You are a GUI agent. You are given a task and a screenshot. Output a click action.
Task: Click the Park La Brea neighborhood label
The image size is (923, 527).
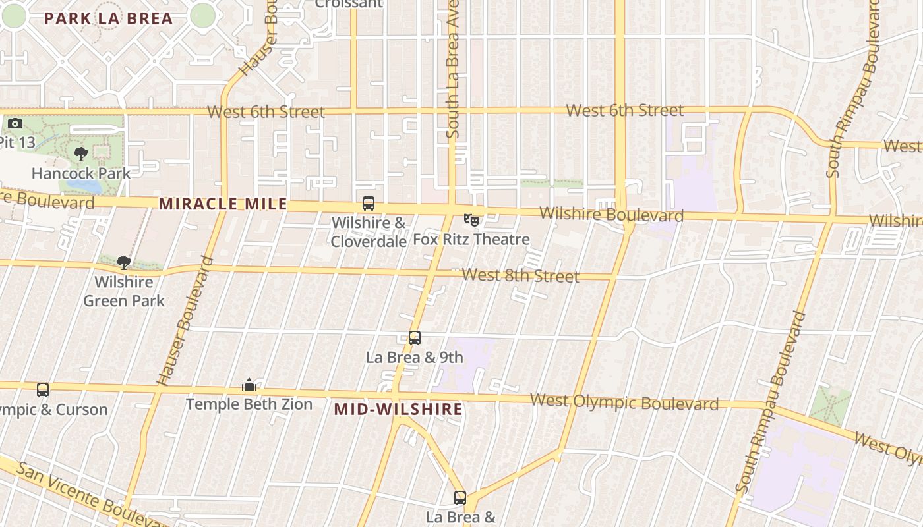tap(108, 18)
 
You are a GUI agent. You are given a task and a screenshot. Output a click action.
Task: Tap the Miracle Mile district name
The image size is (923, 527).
tap(223, 204)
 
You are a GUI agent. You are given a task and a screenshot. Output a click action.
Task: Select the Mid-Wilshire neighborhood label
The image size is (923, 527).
tap(398, 409)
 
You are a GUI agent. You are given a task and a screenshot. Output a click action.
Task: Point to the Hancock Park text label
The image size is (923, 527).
tap(81, 174)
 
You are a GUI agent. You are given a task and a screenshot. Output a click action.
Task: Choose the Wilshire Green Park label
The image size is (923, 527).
tap(124, 292)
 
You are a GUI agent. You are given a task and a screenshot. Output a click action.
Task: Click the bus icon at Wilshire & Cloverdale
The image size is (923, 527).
tap(369, 204)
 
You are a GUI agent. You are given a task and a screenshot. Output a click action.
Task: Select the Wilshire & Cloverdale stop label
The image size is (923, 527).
tap(369, 233)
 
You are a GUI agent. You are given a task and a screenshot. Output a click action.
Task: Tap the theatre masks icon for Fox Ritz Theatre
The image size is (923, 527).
tap(471, 219)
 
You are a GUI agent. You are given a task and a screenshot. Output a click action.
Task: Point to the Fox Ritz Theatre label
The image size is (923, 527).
tap(471, 239)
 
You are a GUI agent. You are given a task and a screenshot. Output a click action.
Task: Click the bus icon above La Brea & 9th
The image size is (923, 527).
tap(415, 338)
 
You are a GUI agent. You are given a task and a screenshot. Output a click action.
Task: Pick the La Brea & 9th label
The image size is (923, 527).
tap(415, 358)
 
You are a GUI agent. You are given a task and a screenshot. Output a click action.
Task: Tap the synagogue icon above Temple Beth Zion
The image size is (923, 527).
tap(249, 385)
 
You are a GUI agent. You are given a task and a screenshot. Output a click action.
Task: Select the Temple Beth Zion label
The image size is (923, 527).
tap(249, 404)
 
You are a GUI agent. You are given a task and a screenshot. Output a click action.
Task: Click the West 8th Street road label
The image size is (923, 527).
tap(520, 275)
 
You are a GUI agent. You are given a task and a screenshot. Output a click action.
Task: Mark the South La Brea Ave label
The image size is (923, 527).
tap(453, 72)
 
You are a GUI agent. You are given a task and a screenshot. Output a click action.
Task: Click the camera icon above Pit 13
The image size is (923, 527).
tap(15, 123)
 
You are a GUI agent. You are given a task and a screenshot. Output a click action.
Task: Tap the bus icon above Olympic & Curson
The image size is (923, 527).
tap(43, 390)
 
